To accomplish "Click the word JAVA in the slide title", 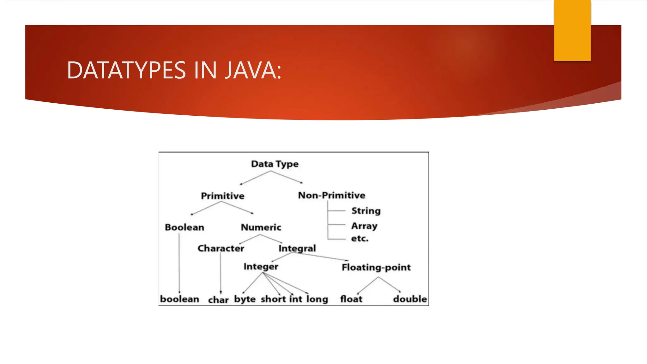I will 252,70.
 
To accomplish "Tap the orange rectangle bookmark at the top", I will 572,30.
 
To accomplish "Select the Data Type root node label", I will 275,164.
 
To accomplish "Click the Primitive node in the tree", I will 222,196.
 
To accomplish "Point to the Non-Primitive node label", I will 331,195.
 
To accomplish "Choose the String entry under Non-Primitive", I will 366,211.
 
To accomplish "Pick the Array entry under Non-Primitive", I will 364,226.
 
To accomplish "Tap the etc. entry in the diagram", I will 360,239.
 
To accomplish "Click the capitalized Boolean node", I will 184,227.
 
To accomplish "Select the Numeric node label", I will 261,227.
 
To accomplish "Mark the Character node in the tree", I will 221,248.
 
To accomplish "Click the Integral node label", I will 297,248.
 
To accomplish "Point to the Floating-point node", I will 376,268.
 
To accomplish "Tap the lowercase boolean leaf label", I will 179,299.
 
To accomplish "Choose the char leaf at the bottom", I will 218,300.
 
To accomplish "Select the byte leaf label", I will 245,299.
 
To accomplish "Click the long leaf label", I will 317,299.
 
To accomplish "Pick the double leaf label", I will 410,299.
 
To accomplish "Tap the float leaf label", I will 351,299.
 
